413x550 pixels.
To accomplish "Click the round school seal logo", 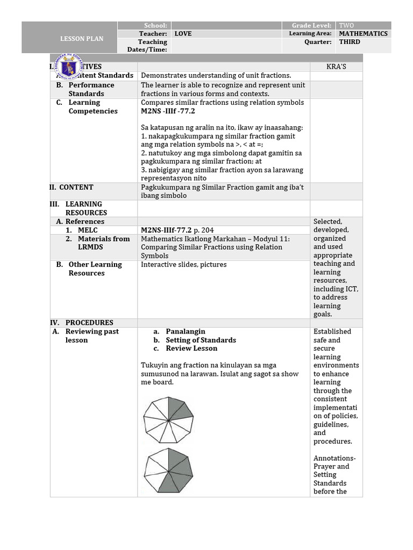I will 70,68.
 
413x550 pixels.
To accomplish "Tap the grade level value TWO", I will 346,25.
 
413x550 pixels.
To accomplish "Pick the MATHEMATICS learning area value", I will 363,33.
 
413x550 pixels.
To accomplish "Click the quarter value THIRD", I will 350,42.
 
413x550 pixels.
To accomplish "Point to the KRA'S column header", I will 336,67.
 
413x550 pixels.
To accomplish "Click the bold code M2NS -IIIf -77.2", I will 168,111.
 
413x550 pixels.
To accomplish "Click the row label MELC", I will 88,230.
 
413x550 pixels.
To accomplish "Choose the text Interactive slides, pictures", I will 183,264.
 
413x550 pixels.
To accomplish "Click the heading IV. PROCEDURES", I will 82,323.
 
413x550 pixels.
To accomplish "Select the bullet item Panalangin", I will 186,331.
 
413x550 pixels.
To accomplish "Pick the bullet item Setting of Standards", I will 201,340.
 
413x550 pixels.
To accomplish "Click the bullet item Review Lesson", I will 191,349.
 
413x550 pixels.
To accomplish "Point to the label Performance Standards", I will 91,89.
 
